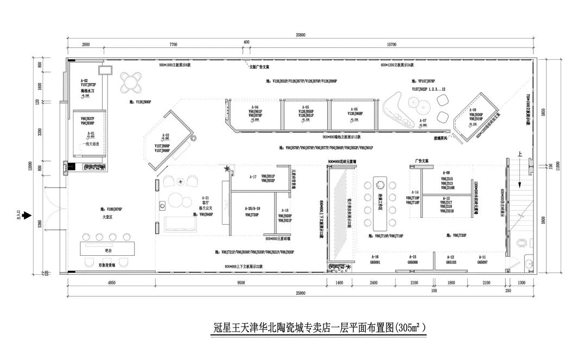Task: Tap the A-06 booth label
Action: pos(354,108)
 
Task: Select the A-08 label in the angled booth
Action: pos(473,110)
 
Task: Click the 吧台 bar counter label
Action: pos(108,250)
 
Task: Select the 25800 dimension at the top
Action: pos(300,35)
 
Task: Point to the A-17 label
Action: pos(253,176)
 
